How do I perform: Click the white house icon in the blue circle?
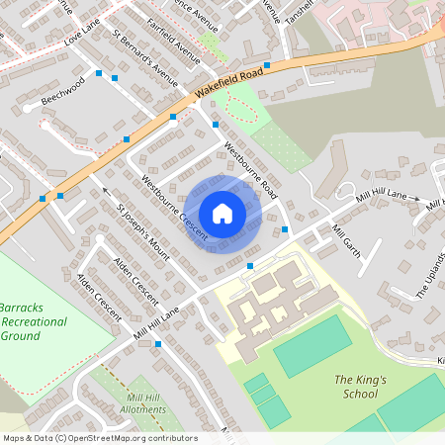coord(222,213)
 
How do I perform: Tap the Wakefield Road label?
coord(228,84)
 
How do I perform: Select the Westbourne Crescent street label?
coord(173,208)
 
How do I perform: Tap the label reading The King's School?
coord(356,387)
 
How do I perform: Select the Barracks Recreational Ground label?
coord(34,321)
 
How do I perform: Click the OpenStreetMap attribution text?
coord(99,438)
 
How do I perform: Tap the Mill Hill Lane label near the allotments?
coord(156,324)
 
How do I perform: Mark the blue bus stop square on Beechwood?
coord(115,77)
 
